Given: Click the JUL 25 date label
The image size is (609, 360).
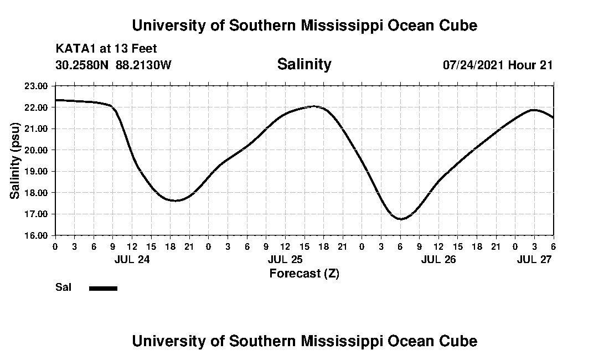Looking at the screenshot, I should (x=285, y=259).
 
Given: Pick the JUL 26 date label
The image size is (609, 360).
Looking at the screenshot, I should (x=438, y=259).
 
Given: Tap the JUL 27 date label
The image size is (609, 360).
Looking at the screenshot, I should (x=535, y=259).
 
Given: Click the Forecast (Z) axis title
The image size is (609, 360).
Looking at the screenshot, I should (x=304, y=274).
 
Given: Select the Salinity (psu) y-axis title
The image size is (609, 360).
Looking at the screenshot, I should (x=16, y=161).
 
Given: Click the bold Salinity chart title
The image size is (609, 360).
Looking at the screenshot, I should (x=304, y=64).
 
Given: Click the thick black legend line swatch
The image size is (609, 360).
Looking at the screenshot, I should (x=103, y=288).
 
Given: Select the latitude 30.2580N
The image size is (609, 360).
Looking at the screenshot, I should (x=82, y=65).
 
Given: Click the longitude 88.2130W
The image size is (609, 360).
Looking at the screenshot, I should (x=144, y=65).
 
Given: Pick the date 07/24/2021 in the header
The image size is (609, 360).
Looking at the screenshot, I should (x=473, y=65).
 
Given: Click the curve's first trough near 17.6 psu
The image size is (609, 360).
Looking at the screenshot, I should (x=176, y=200).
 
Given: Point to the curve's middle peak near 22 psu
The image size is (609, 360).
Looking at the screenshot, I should (x=313, y=106).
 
